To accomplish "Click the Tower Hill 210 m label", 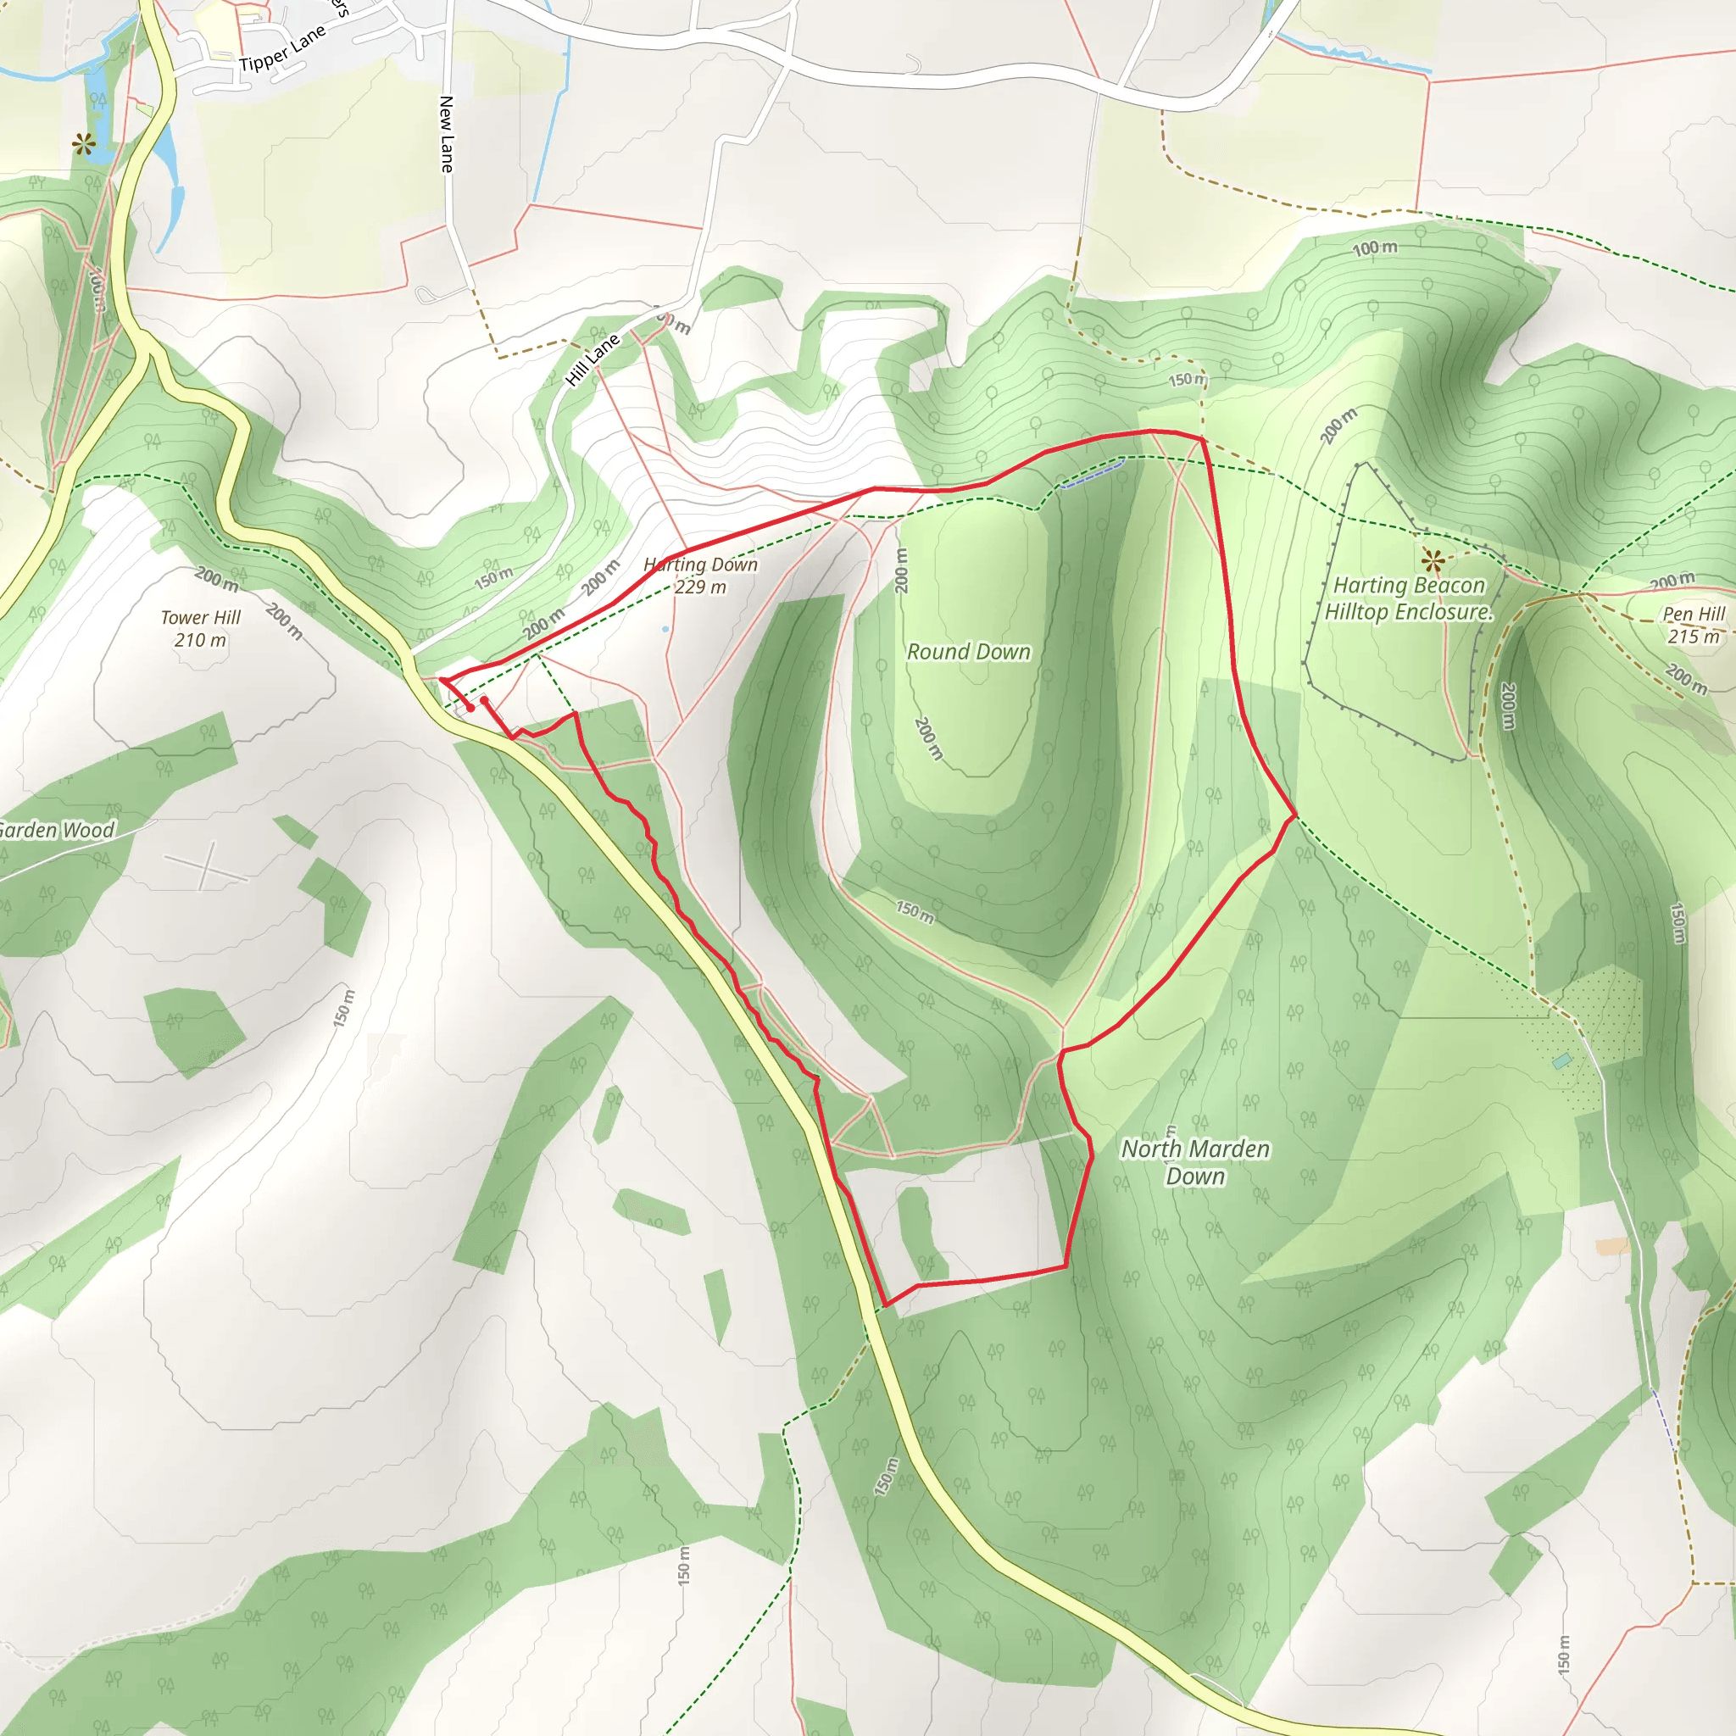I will click(x=200, y=628).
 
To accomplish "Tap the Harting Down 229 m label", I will click(x=701, y=575).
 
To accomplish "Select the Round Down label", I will click(x=969, y=652).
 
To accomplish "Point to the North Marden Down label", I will click(x=1195, y=1162).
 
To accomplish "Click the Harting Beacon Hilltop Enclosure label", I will click(x=1408, y=598).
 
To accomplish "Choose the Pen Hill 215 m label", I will click(x=1694, y=625).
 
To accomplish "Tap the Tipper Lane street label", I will click(x=282, y=49).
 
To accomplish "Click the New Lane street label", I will click(x=447, y=134).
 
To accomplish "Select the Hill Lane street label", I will click(x=593, y=359).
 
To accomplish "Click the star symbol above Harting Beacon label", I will click(x=1433, y=562).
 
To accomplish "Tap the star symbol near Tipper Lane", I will click(x=85, y=144).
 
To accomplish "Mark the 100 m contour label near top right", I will click(x=1375, y=248).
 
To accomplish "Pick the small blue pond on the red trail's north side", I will click(x=1092, y=475).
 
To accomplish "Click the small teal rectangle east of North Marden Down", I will click(x=1562, y=1061).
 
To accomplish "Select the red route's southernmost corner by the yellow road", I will click(x=886, y=1305).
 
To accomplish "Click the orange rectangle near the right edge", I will click(x=1612, y=1246).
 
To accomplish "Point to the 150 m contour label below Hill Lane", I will click(x=494, y=578).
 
